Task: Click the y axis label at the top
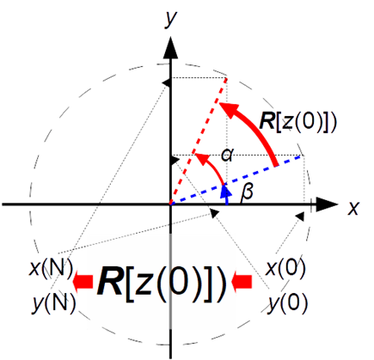tap(170, 19)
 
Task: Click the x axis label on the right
tap(353, 208)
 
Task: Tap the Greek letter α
tap(227, 155)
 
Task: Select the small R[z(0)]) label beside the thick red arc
tap(297, 122)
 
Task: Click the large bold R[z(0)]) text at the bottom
tap(162, 283)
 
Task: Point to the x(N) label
tap(51, 267)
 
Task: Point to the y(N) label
tap(54, 302)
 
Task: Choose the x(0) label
tap(285, 268)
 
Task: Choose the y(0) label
tap(287, 302)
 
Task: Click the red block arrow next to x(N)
tap(83, 282)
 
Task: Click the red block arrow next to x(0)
tap(242, 282)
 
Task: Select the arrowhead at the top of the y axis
tap(170, 47)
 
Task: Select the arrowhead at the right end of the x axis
tap(328, 204)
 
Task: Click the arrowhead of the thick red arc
tap(230, 109)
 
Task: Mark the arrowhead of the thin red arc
tap(200, 158)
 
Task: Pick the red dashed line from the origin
tap(199, 141)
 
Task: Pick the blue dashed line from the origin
tap(236, 180)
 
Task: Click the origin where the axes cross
tap(170, 204)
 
